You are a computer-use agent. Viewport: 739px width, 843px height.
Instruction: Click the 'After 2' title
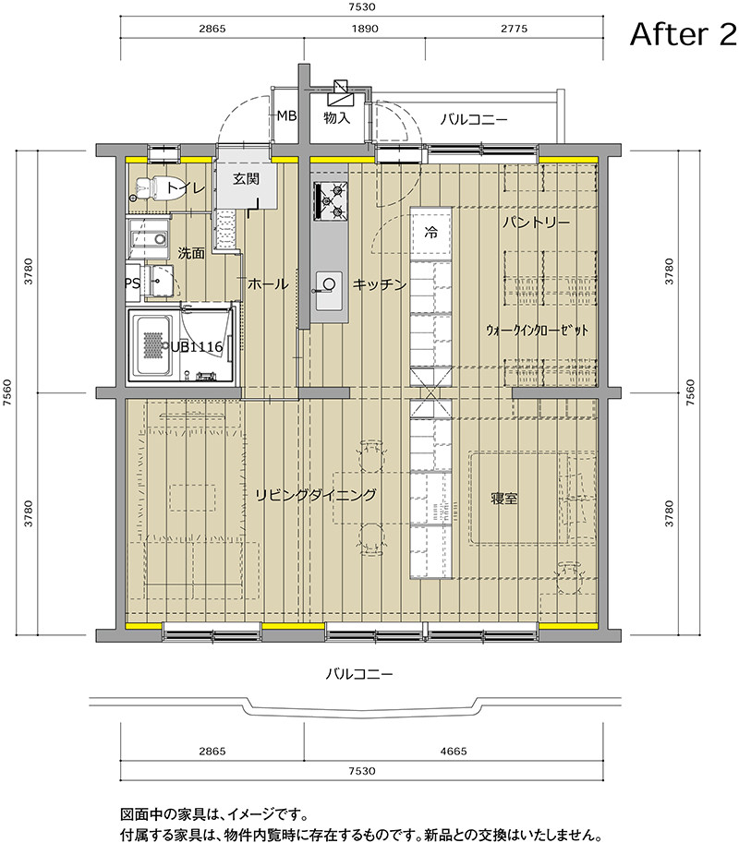point(683,34)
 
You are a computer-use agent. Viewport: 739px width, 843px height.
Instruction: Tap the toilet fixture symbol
point(146,189)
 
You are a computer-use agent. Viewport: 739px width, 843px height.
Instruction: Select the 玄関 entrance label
point(247,178)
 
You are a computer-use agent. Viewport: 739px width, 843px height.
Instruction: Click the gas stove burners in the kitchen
point(331,201)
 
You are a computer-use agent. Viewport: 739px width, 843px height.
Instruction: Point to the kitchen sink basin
point(329,290)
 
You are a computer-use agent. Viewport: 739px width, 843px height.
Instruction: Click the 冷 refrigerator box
point(430,232)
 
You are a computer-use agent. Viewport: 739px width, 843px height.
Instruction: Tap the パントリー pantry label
point(536,222)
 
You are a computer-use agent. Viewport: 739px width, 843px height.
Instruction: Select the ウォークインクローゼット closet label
point(537,331)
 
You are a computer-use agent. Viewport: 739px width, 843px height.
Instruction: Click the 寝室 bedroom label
point(504,499)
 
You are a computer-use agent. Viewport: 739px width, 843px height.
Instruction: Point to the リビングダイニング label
point(315,495)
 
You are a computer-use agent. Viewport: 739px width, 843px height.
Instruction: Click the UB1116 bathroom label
point(197,347)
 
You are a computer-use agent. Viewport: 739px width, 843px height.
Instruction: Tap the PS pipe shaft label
point(132,283)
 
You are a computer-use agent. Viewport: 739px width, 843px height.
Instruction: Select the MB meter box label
point(286,115)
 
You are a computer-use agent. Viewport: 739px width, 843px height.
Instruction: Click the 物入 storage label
point(336,117)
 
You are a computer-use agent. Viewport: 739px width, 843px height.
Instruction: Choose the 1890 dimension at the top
point(365,29)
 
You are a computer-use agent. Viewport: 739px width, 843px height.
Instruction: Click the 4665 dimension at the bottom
point(454,751)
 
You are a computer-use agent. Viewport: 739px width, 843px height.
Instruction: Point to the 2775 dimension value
point(515,29)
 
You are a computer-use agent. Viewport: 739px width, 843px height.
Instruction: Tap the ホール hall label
point(268,283)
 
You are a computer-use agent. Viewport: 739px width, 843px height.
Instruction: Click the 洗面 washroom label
point(191,253)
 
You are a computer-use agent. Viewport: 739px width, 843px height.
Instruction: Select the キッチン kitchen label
point(379,283)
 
